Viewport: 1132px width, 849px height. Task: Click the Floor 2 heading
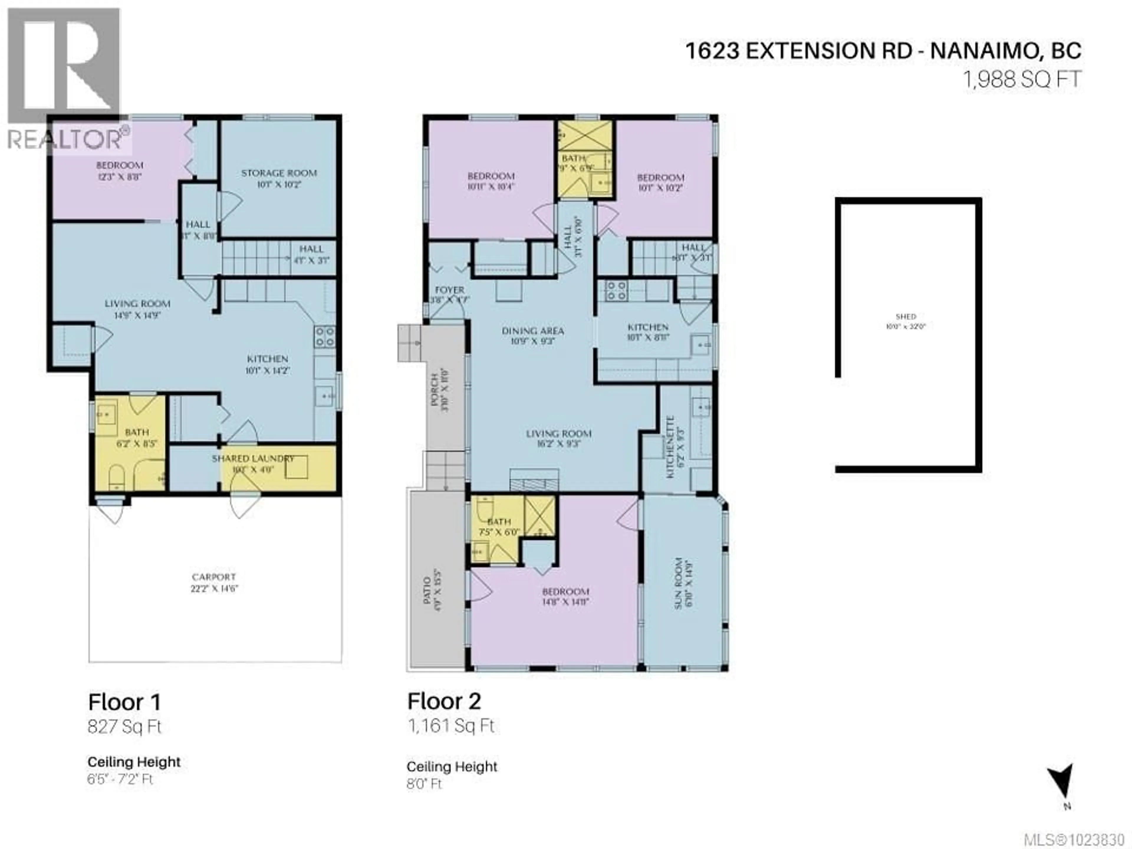coord(444,702)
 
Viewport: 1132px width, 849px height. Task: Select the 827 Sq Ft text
coord(124,727)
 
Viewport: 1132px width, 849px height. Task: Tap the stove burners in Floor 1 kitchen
coord(325,336)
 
